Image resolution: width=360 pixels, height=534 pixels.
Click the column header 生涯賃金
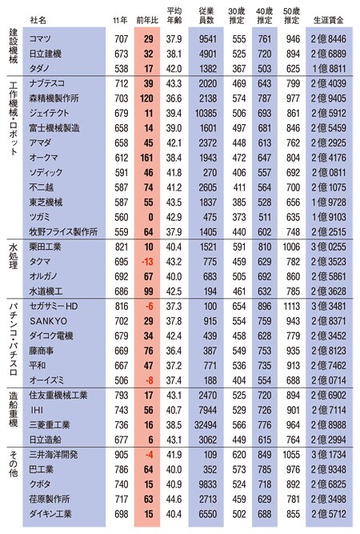(x=328, y=21)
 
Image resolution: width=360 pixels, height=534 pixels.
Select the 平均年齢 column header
(x=174, y=16)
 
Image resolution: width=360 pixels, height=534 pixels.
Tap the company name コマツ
(x=40, y=38)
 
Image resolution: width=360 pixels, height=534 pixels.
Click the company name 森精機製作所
(x=54, y=98)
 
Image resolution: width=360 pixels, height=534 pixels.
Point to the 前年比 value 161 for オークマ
(x=146, y=158)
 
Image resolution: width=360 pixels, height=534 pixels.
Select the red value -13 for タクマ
(x=147, y=262)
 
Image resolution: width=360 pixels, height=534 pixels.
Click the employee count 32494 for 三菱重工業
(x=206, y=425)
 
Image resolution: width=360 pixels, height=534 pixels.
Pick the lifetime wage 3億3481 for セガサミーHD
(x=328, y=306)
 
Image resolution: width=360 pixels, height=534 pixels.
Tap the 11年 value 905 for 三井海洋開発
(x=122, y=455)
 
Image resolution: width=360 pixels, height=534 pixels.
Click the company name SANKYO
(x=49, y=321)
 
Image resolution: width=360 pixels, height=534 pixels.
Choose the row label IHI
(x=37, y=411)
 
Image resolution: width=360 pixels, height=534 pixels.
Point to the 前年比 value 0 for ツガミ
(x=150, y=217)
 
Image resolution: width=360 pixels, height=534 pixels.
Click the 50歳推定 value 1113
(x=292, y=306)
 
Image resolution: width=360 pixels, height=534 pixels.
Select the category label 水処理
(x=14, y=257)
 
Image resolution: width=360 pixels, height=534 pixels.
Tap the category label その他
(x=14, y=464)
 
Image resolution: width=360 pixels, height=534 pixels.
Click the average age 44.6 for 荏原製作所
(x=174, y=500)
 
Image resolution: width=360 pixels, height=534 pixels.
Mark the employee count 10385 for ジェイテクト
(x=206, y=113)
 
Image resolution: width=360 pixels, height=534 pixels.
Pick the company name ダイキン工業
(x=50, y=514)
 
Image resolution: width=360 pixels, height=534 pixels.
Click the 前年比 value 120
(x=146, y=98)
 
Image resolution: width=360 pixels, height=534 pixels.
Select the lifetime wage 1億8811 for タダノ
(x=328, y=69)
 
